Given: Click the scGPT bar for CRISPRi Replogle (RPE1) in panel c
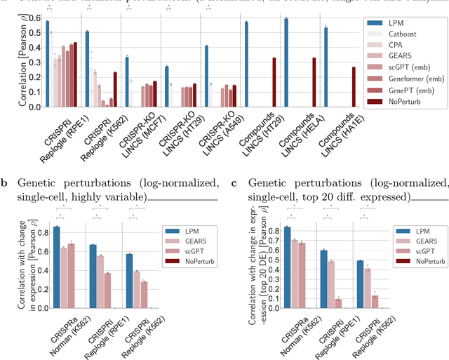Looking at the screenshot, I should (x=337, y=303).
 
